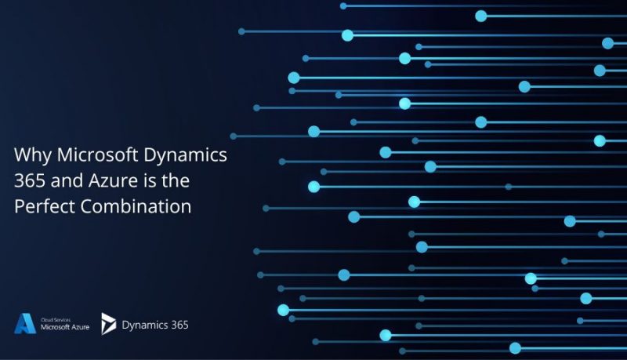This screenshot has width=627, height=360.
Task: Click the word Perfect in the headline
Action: point(42,207)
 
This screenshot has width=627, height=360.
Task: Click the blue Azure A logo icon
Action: point(24,323)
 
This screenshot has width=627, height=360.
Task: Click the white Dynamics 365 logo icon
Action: point(108,323)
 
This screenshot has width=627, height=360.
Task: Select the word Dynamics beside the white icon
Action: point(143,324)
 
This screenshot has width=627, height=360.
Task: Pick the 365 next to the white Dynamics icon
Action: point(177,324)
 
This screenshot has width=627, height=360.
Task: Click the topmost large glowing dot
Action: point(480,16)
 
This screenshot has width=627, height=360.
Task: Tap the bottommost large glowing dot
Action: point(515,347)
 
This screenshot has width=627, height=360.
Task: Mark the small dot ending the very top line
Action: point(343,5)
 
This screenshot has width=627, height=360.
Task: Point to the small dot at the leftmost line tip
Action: point(233,136)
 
